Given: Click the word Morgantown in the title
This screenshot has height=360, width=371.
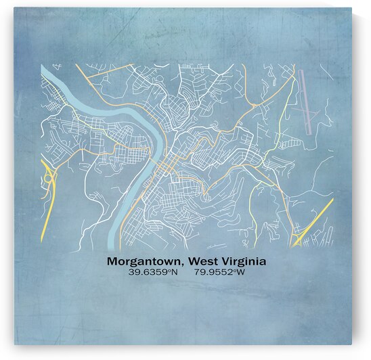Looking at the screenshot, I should coord(145,262).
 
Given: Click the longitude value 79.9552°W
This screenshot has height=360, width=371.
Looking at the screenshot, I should coord(218,273).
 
